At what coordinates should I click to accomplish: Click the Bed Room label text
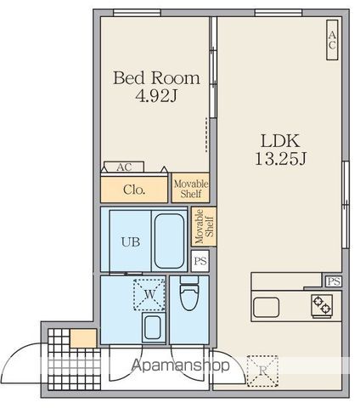(x=156, y=78)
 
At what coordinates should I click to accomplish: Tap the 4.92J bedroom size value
(x=156, y=96)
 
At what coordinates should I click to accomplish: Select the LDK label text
(x=280, y=141)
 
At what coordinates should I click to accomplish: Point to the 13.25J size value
(x=280, y=159)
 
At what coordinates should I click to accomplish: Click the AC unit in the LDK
(x=332, y=40)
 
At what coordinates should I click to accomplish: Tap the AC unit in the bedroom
(x=124, y=167)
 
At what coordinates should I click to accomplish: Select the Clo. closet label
(x=134, y=190)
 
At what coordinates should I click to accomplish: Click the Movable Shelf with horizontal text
(x=190, y=188)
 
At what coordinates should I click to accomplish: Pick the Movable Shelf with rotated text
(x=204, y=226)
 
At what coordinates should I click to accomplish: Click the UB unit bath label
(x=131, y=242)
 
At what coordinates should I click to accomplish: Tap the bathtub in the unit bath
(x=169, y=241)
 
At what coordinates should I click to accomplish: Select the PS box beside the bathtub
(x=200, y=261)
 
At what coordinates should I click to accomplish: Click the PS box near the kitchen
(x=334, y=281)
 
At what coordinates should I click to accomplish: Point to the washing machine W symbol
(x=149, y=295)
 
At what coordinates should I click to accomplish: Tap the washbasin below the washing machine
(x=153, y=327)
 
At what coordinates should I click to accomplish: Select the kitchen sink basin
(x=266, y=307)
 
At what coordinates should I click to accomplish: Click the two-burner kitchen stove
(x=322, y=305)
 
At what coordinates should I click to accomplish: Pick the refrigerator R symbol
(x=262, y=371)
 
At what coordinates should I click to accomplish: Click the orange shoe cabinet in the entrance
(x=83, y=338)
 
